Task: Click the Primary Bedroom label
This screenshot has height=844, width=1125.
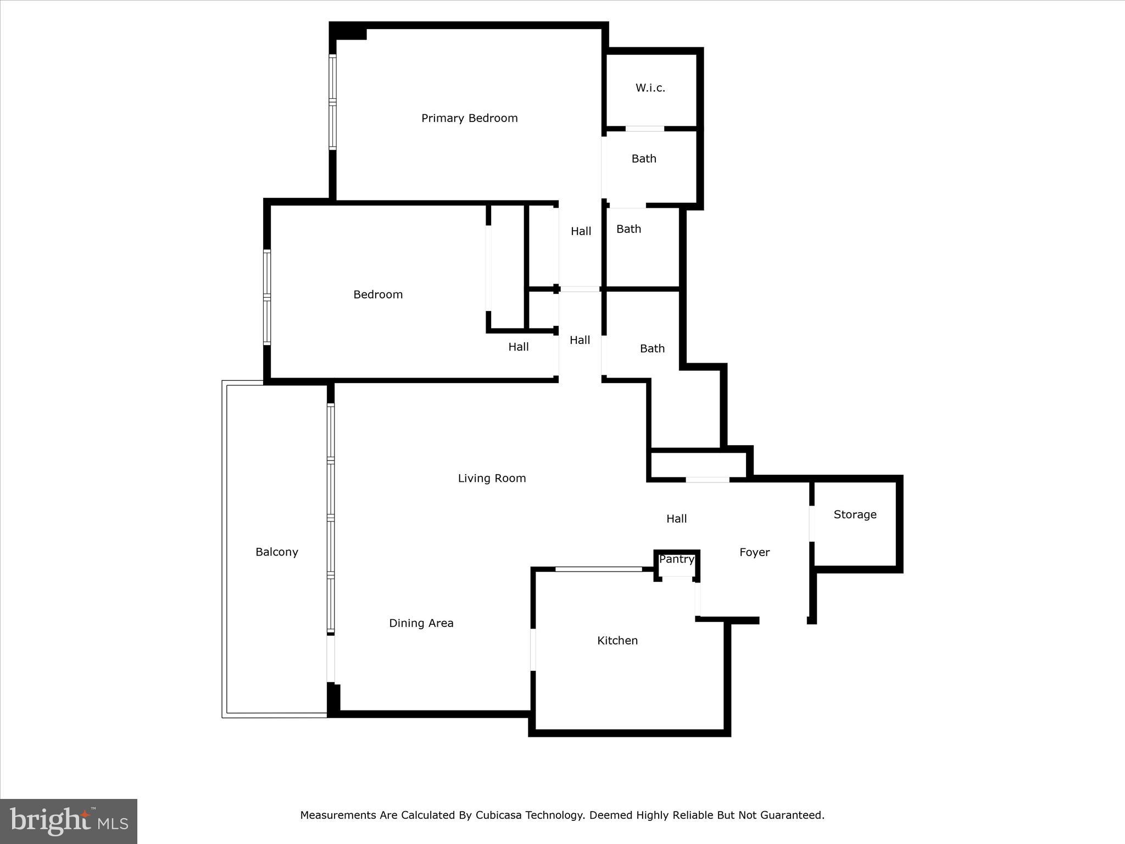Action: (x=469, y=118)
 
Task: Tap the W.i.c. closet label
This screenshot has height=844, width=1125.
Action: (x=650, y=88)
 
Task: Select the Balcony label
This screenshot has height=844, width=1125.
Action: (x=276, y=552)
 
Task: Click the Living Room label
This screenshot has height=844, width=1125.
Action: (x=492, y=478)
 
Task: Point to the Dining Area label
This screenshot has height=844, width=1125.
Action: (x=421, y=623)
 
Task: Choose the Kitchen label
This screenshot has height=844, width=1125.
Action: (x=617, y=640)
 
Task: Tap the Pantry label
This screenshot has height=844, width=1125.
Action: (x=677, y=559)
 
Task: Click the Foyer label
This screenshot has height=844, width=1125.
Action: (x=754, y=552)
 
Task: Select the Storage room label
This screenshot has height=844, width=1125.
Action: (x=855, y=514)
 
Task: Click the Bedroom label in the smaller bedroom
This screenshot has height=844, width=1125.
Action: (x=378, y=295)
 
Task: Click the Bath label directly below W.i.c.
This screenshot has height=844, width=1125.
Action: (x=644, y=159)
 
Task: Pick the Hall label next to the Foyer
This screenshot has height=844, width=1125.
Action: (x=676, y=518)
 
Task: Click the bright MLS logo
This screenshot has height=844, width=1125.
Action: (x=69, y=821)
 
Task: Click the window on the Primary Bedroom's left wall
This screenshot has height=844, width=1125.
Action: (x=332, y=102)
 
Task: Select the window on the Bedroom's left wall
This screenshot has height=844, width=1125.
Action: (x=267, y=297)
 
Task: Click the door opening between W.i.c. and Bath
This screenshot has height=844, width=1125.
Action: (x=645, y=129)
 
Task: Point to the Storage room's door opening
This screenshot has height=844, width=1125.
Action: (x=811, y=524)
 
